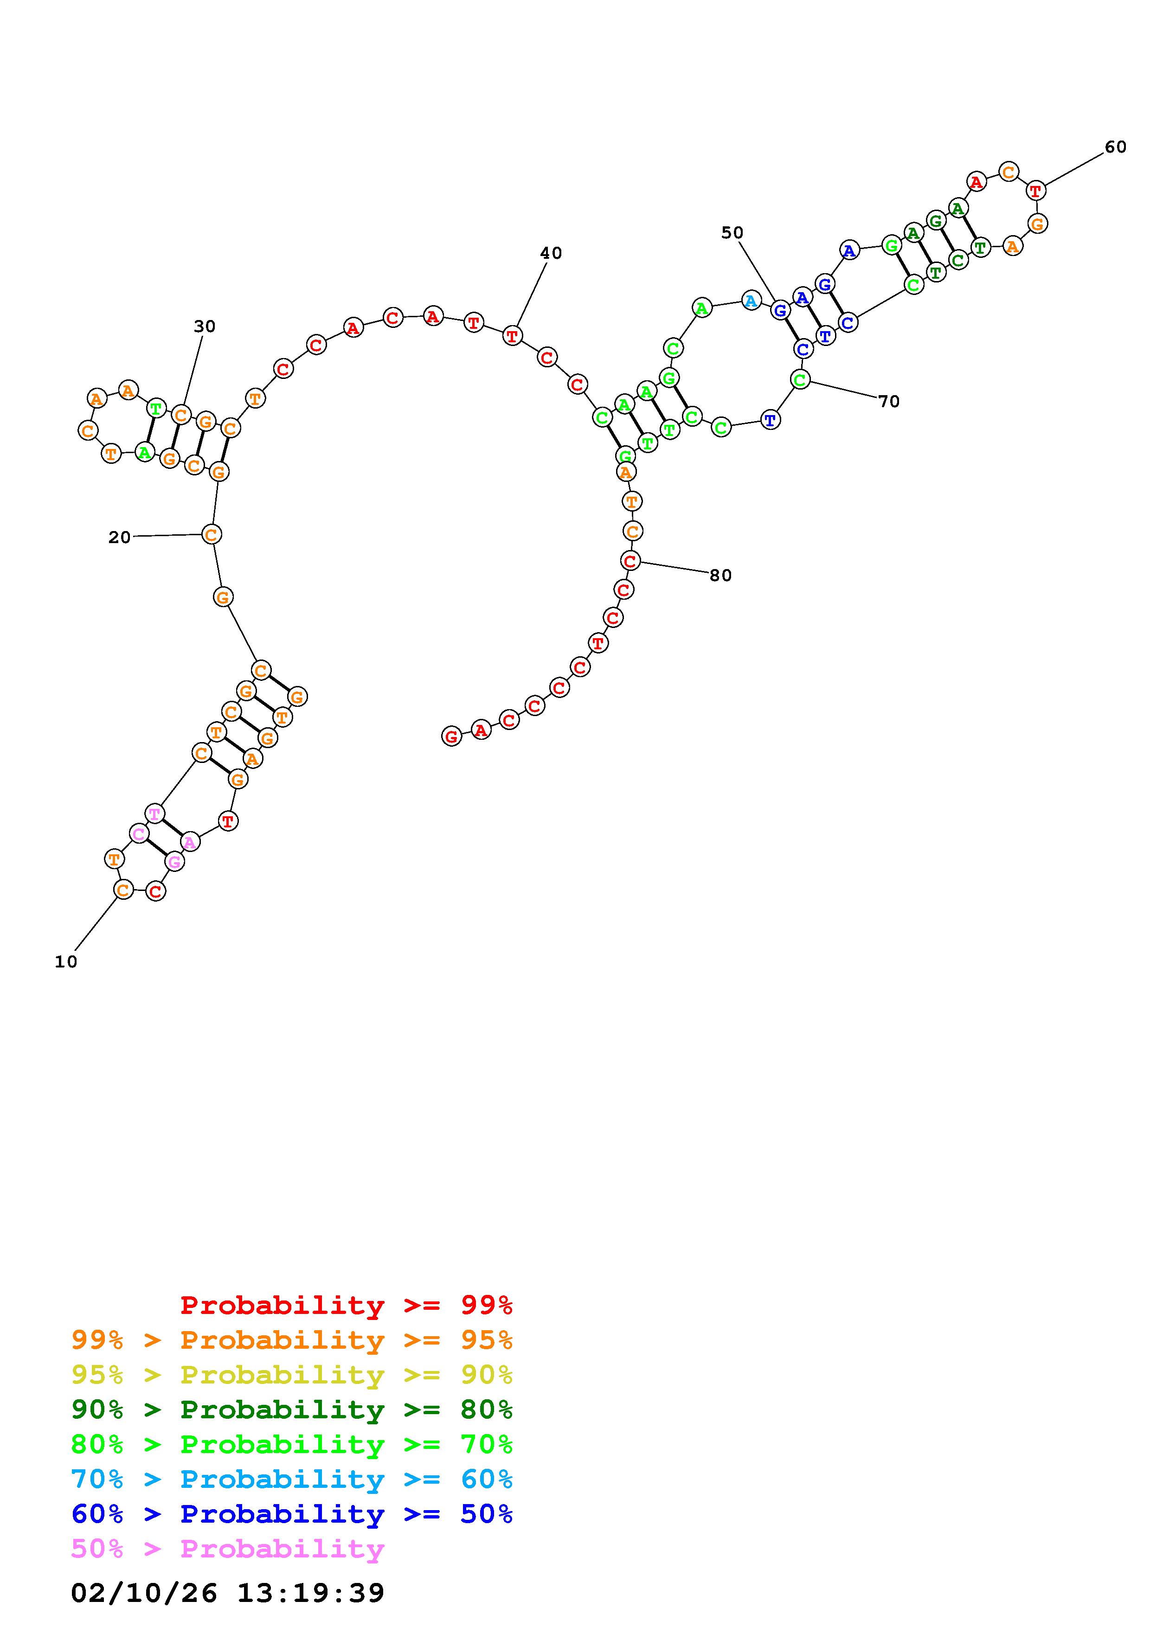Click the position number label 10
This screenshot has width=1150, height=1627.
pos(66,961)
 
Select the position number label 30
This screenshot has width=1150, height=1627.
pos(205,326)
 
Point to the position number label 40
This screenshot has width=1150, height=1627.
pos(551,253)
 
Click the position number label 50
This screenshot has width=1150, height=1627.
pos(732,232)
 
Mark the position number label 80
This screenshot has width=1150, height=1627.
pos(720,576)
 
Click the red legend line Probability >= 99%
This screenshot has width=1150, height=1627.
pos(347,1305)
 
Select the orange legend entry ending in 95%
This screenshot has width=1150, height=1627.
pos(292,1339)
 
